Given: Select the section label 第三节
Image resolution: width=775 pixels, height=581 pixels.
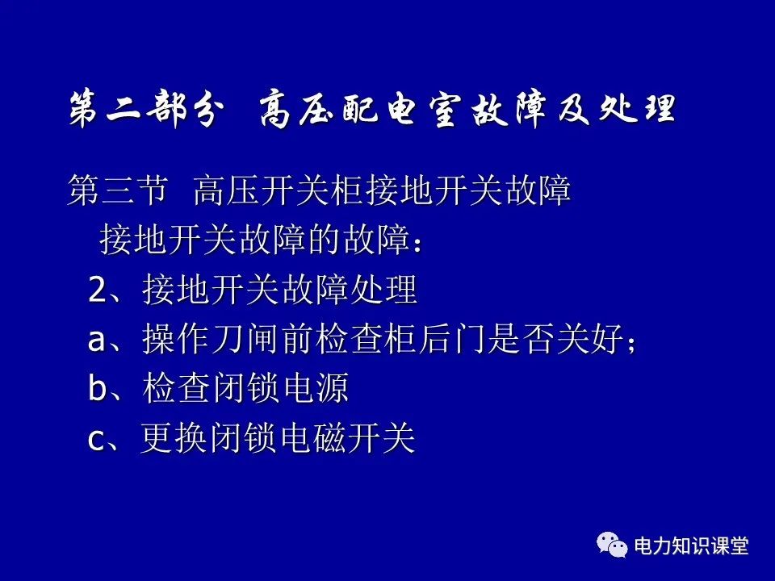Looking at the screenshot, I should coord(118,192).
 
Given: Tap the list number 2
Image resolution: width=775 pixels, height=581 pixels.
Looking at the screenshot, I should coord(97,290).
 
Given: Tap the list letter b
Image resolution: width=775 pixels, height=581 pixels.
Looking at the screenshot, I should coord(97,389).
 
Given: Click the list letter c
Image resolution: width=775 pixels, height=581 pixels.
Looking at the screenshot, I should coord(96,440).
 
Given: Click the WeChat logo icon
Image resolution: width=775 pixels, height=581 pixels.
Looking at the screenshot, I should coord(613,545).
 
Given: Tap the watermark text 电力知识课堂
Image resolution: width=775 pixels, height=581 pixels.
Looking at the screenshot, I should coord(692,546).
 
